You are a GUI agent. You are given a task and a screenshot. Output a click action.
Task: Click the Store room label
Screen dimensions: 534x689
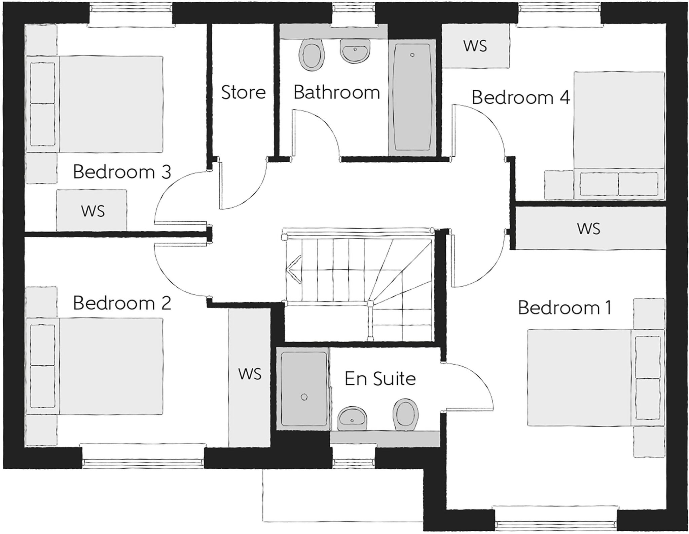pos(243,92)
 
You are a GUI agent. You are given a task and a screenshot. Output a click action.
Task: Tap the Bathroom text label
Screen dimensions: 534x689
pos(336,92)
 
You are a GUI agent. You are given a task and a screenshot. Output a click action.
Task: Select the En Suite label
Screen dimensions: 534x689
pos(380,379)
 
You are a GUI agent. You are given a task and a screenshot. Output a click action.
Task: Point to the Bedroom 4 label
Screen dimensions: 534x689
pos(520,98)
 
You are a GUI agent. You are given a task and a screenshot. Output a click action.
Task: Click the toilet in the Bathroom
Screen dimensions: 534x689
pos(312,55)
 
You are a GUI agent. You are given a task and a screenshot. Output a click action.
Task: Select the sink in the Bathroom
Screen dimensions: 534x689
pos(355,51)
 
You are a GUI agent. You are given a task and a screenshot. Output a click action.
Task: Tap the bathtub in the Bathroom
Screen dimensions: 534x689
pos(412,97)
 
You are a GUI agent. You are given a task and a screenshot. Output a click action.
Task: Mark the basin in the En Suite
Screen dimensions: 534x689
pos(352,418)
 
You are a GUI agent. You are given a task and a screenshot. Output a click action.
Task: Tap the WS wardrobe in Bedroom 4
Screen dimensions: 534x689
pos(475,46)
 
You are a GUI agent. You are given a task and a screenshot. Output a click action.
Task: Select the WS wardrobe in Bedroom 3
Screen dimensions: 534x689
pos(92,211)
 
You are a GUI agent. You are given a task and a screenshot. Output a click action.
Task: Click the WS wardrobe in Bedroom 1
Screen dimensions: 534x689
pos(589,229)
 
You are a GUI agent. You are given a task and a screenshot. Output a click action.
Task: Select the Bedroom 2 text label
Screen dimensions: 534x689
pos(122,303)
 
